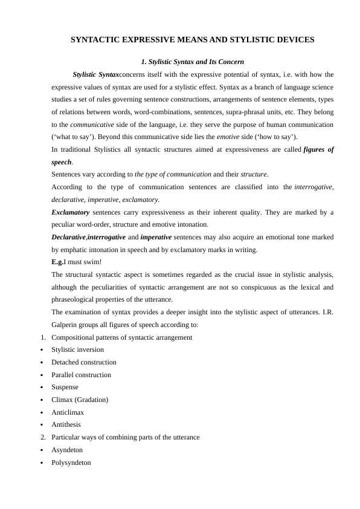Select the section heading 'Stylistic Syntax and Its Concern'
pyautogui.click(x=192, y=62)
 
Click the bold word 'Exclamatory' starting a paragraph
pyautogui.click(x=71, y=212)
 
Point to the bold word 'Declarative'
pyautogui.click(x=69, y=237)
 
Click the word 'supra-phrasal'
pyautogui.click(x=210, y=112)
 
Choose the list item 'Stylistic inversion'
pyautogui.click(x=77, y=349)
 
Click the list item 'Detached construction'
pyautogui.click(x=84, y=362)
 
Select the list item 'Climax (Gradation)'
pyautogui.click(x=80, y=400)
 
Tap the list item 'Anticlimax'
pyautogui.click(x=68, y=412)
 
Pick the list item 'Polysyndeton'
pyautogui.click(x=71, y=462)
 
